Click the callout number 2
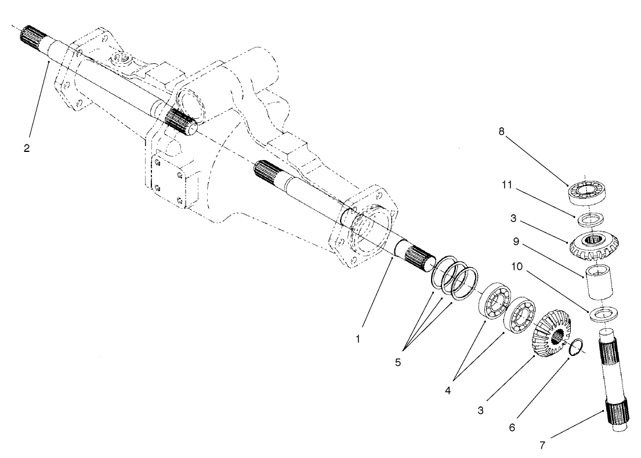pyautogui.click(x=27, y=147)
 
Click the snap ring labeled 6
pyautogui.click(x=574, y=347)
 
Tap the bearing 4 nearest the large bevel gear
pyautogui.click(x=520, y=314)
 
